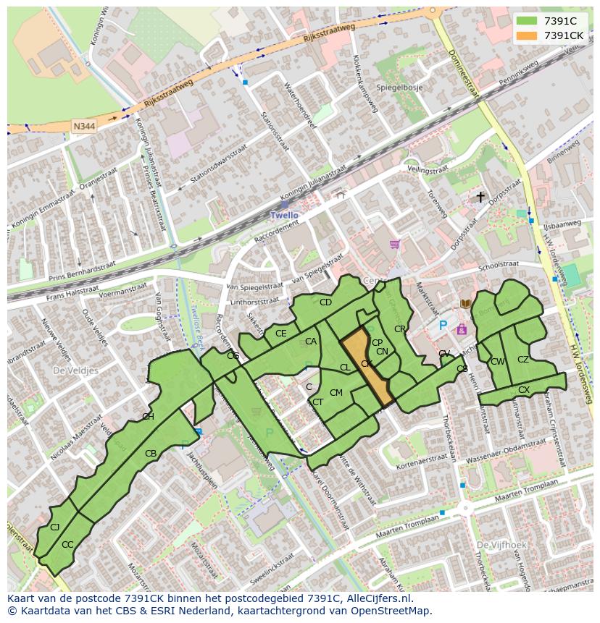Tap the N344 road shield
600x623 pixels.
[83, 126]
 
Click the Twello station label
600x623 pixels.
[284, 215]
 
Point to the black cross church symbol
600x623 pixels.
[480, 196]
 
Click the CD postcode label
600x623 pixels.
[325, 302]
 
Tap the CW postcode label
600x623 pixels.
[497, 362]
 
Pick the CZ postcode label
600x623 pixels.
[523, 360]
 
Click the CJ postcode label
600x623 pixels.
[54, 527]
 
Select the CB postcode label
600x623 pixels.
[151, 454]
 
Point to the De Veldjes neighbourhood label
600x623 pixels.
[75, 370]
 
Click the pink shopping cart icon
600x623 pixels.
[394, 244]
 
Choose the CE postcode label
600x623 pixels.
[280, 334]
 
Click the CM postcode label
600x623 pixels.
[336, 393]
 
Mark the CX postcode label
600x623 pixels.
[523, 390]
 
